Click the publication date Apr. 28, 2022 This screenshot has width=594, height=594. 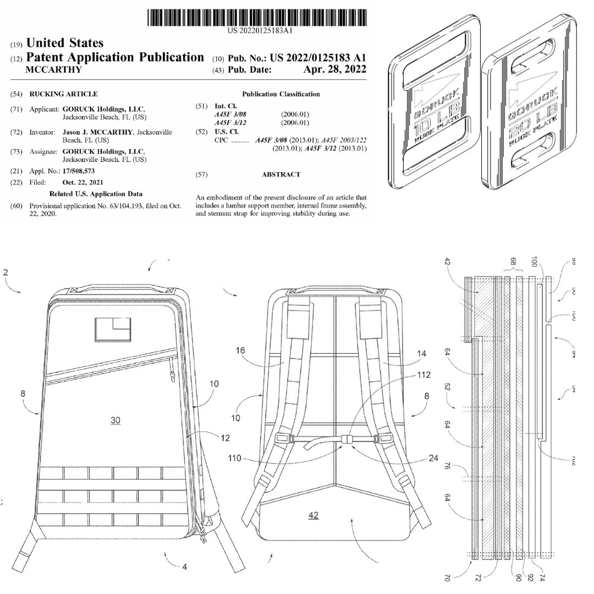334,69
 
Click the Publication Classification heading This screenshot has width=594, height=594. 281,94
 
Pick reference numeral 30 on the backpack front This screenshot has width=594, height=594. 115,420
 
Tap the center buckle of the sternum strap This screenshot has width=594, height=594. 346,439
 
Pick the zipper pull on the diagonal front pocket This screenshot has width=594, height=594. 171,376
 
